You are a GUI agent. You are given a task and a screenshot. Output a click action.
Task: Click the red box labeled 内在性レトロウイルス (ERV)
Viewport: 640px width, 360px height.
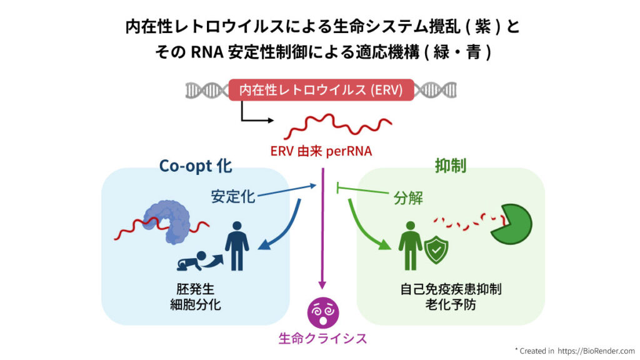321,90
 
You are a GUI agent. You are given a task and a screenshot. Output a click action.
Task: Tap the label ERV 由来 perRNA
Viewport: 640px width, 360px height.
321,151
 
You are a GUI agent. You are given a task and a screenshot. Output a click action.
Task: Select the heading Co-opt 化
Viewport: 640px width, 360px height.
196,166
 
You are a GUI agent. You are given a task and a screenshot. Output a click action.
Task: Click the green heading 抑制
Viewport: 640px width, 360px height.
450,166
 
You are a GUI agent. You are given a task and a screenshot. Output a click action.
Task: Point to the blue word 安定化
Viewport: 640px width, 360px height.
233,197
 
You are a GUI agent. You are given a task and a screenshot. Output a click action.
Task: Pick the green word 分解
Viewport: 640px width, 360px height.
408,198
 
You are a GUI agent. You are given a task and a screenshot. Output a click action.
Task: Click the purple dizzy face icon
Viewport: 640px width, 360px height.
323,313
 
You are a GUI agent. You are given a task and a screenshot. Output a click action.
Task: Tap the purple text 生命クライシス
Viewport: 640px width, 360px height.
323,338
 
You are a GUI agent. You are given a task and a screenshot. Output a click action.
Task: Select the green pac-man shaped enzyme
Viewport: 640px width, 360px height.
511,224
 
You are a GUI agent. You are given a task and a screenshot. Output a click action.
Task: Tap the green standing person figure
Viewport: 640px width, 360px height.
410,246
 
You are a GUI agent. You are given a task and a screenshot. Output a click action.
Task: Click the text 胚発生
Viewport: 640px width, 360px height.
196,289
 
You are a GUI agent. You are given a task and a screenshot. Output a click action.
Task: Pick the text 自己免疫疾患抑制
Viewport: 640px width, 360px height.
451,289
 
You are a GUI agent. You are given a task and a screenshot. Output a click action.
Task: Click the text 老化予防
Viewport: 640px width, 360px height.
451,305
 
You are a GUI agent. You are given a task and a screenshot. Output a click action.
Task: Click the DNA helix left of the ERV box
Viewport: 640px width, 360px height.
207,90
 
